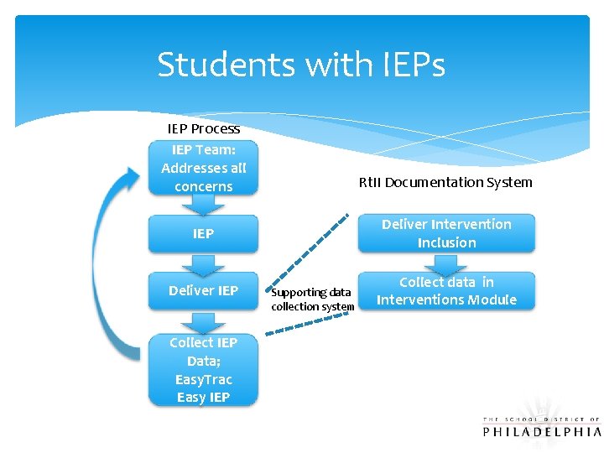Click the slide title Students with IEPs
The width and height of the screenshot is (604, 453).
point(300,65)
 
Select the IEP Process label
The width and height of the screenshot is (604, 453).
point(203,129)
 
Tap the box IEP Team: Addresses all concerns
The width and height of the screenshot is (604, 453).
point(203,168)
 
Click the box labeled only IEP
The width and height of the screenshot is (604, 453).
point(203,234)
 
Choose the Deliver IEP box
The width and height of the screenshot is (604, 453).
point(203,290)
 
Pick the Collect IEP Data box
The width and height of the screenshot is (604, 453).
point(203,370)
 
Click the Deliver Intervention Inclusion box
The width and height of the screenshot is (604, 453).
point(446,233)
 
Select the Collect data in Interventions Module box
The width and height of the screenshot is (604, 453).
point(446,291)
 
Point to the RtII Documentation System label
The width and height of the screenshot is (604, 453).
point(445,182)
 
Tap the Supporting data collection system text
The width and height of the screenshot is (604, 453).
point(312,299)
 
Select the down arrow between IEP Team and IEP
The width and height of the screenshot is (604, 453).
point(203,205)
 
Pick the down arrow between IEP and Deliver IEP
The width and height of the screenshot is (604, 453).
point(203,263)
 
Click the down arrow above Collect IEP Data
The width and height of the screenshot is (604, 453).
point(203,320)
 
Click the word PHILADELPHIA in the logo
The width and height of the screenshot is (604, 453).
point(542,431)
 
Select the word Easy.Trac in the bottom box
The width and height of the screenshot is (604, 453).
point(203,380)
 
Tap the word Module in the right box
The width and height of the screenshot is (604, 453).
point(491,299)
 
